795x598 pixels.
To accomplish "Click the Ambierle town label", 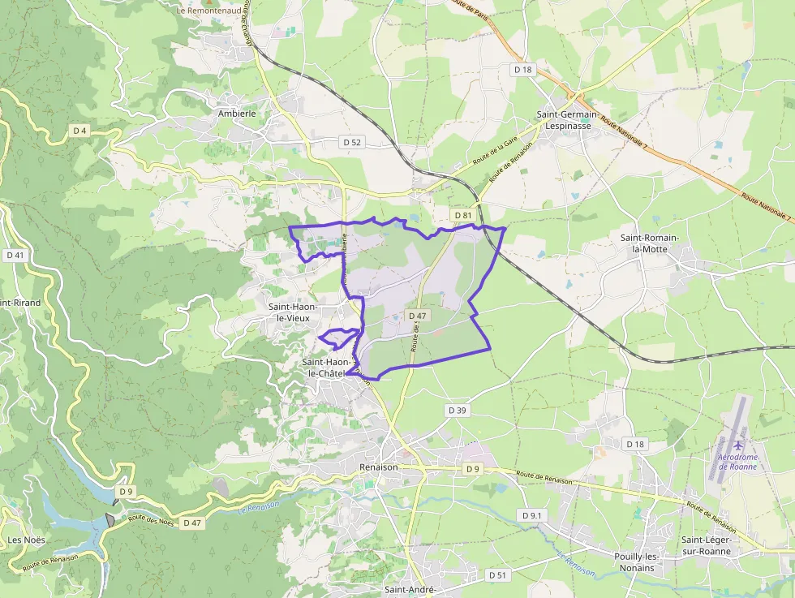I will (237, 114).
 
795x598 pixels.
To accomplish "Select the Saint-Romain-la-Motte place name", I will (655, 243).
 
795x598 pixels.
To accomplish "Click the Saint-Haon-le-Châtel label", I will (326, 368).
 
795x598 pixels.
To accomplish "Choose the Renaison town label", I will (379, 467).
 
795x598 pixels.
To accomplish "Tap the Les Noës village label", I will (27, 540).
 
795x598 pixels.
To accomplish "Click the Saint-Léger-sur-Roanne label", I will (706, 545).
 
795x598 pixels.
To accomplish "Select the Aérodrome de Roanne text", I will (737, 462).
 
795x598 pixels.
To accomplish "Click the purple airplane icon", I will (737, 445).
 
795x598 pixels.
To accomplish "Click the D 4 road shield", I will (79, 131).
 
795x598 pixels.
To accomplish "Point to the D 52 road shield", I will (351, 142).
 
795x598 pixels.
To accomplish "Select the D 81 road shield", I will (463, 215).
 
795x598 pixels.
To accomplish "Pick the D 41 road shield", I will (15, 255).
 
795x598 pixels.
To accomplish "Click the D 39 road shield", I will (458, 411).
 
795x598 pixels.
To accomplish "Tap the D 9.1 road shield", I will (532, 516).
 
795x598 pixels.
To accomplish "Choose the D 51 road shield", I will (498, 574).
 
